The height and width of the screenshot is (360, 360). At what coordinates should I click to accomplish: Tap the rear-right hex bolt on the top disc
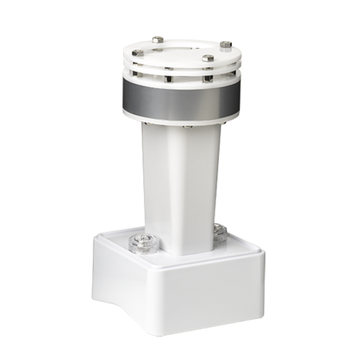tap(225, 45)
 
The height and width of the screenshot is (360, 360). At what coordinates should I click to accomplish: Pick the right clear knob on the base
tap(219, 233)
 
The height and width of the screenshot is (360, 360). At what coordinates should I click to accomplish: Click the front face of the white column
tap(192, 190)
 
